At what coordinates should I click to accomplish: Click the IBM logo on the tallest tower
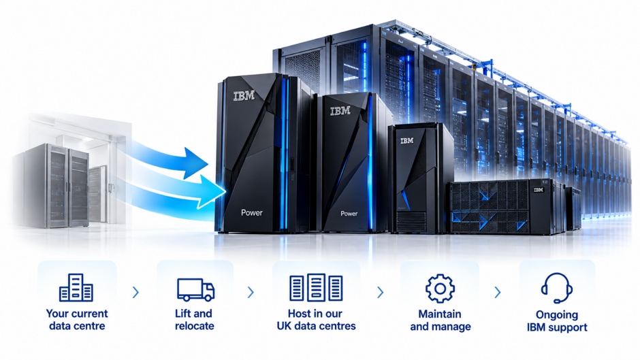[x=244, y=96]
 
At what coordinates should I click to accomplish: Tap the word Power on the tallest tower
[x=252, y=212]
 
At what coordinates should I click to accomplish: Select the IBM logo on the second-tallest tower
[x=340, y=111]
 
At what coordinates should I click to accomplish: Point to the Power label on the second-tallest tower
[x=349, y=214]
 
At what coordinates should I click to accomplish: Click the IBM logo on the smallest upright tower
[x=406, y=141]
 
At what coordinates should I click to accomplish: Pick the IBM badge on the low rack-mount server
[x=539, y=190]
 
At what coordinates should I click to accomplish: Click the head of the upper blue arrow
[x=195, y=163]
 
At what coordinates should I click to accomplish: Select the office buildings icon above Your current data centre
[x=76, y=287]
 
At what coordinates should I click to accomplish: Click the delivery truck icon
[x=195, y=289]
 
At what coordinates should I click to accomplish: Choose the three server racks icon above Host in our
[x=316, y=288]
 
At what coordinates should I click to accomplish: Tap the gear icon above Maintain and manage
[x=440, y=289]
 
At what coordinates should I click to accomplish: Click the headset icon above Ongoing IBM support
[x=557, y=288]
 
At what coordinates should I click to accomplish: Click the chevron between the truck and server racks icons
[x=251, y=292]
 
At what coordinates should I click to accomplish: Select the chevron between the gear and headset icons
[x=498, y=292]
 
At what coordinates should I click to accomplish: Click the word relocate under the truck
[x=194, y=326]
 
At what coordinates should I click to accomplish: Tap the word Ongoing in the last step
[x=557, y=314]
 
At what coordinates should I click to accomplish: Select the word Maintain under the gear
[x=440, y=314]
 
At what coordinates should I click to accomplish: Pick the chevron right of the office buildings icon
[x=135, y=292]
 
